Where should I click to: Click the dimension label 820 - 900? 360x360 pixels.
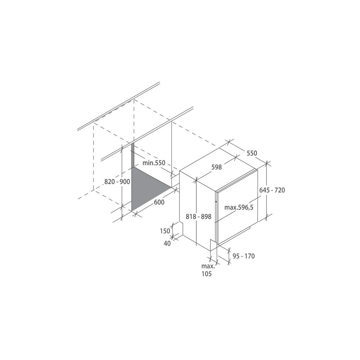(x=117, y=181)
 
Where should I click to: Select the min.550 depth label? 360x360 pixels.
(x=154, y=163)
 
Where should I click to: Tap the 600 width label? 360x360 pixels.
(x=159, y=202)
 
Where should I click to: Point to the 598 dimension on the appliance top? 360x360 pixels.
(x=216, y=167)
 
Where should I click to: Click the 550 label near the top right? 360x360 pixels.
(x=252, y=153)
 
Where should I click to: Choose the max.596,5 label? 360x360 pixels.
(x=239, y=207)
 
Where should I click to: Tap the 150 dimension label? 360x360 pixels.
(x=165, y=231)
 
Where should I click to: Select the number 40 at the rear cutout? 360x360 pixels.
(x=167, y=244)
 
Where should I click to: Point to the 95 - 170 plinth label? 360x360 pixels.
(x=244, y=256)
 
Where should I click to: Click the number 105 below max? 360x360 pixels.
(x=206, y=274)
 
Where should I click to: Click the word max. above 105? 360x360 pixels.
(x=208, y=266)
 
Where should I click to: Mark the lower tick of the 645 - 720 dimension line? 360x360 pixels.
(x=267, y=217)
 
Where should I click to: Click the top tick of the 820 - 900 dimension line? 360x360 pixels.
(x=122, y=147)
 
